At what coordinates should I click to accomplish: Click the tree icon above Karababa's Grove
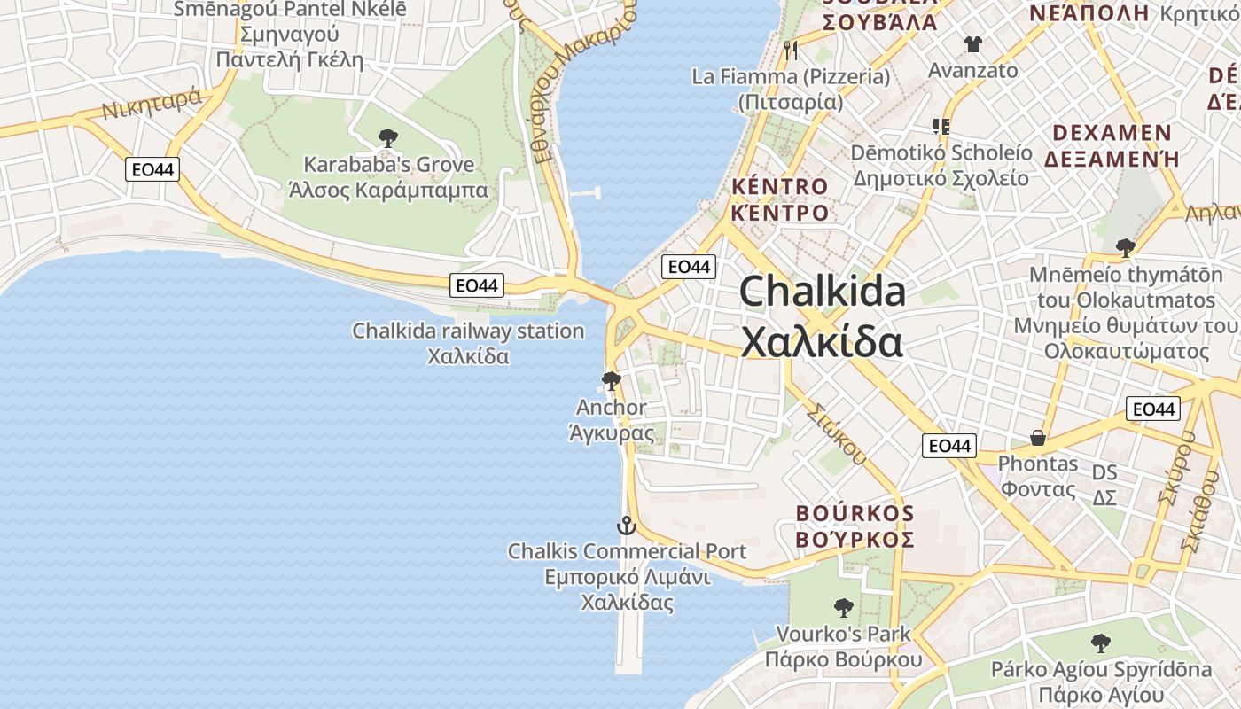pos(387,138)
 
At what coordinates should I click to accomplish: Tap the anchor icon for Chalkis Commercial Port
pos(627,526)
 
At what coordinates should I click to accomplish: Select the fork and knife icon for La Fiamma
pos(791,51)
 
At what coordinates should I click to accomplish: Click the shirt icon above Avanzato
pos(973,44)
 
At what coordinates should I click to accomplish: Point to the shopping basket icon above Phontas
pos(1037,438)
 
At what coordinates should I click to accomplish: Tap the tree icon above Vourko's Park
pos(844,608)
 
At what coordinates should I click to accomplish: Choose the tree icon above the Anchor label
pos(611,382)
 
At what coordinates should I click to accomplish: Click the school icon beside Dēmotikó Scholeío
pos(941,127)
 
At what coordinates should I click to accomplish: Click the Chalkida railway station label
pos(468,331)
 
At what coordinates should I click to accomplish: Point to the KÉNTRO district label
pos(780,187)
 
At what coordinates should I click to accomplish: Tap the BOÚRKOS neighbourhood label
pos(855,514)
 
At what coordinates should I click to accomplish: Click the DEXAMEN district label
pos(1112,134)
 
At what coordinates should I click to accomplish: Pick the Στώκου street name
pos(838,433)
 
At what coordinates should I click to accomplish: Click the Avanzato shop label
pos(972,70)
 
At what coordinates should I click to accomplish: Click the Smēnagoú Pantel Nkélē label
pos(290,10)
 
